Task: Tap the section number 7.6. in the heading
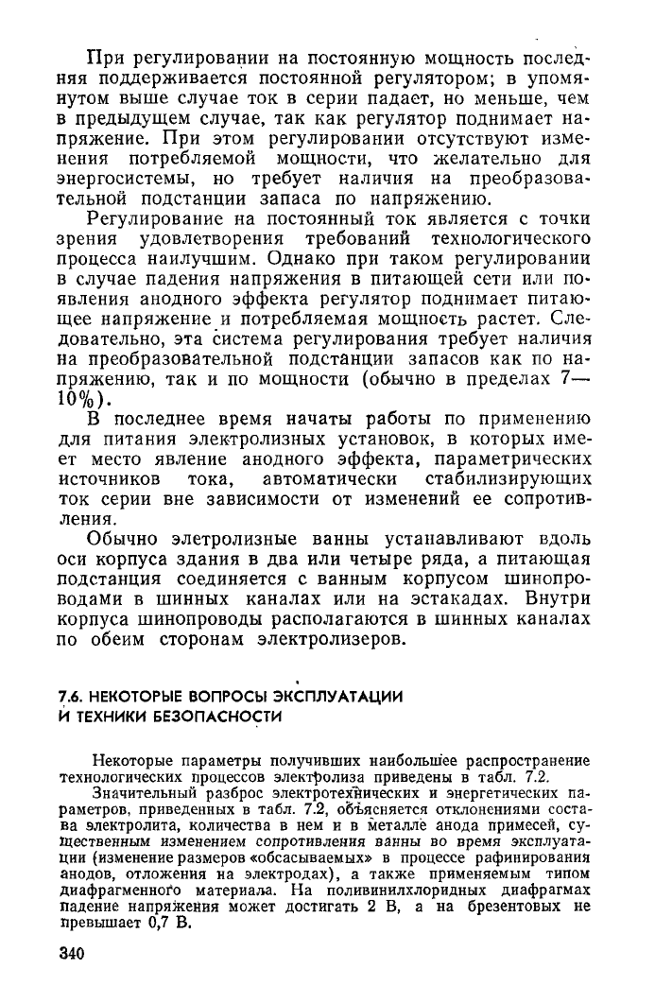72,697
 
